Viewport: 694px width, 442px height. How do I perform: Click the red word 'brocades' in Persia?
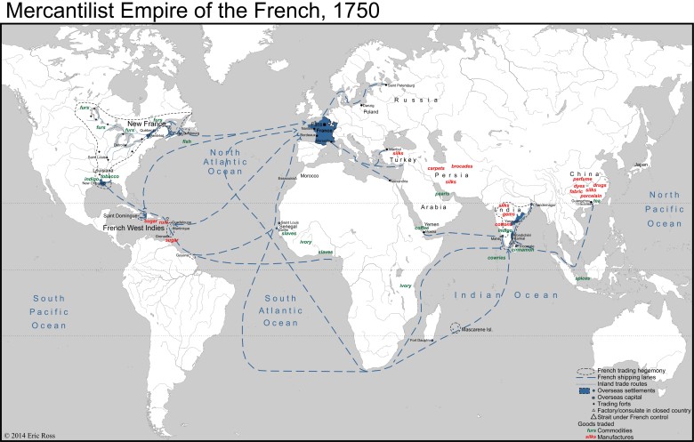click(463, 166)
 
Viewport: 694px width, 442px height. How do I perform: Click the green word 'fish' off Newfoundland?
click(187, 141)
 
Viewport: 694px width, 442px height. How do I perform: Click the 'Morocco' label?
click(308, 176)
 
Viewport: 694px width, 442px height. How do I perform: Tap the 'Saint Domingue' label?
click(120, 215)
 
